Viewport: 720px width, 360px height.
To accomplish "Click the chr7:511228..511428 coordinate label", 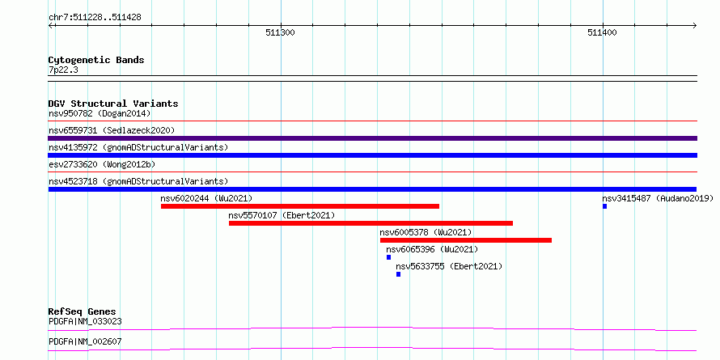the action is tap(95, 18).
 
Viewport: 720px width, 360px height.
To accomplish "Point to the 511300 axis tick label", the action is tap(280, 32).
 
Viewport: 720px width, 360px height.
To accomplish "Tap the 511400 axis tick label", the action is tap(602, 32).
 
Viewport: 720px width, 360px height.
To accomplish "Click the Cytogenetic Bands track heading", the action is tap(96, 60).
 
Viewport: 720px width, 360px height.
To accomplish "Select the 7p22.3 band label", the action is tap(63, 70).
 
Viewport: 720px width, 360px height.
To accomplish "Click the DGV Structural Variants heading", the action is tap(113, 104).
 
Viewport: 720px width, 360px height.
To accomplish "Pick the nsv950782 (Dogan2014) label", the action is tap(100, 113).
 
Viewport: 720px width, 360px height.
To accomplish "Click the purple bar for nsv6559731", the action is tap(372, 138).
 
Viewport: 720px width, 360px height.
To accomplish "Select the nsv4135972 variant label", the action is tap(138, 147).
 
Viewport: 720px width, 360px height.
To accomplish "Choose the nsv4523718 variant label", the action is tap(138, 181).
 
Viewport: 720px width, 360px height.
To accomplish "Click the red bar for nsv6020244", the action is tap(300, 206).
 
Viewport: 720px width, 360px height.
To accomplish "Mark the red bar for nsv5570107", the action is tap(371, 223).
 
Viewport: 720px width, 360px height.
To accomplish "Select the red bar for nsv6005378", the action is tap(466, 240).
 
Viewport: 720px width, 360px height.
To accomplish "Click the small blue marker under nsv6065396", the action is tap(388, 257).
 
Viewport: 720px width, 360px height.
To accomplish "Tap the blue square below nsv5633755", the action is tap(398, 274).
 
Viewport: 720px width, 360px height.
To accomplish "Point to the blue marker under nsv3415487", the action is tap(605, 206).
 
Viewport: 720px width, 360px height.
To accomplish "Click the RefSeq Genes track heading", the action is tap(82, 311).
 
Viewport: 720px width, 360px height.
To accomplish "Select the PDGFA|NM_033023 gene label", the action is tap(85, 321).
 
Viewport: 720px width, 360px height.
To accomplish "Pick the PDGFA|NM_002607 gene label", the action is tap(85, 341).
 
